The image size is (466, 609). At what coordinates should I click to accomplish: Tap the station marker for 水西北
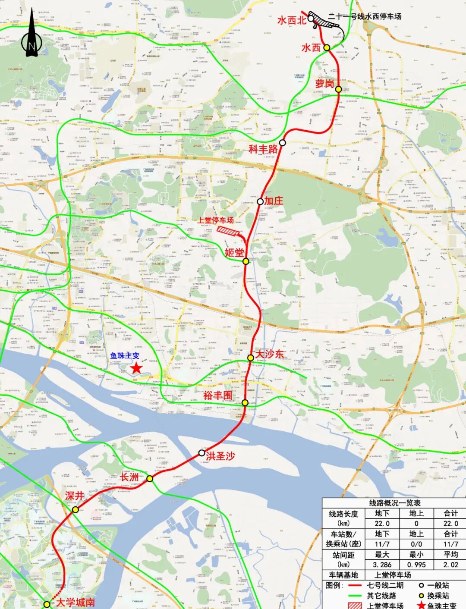(x=311, y=19)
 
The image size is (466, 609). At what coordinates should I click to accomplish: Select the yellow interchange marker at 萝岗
(x=339, y=89)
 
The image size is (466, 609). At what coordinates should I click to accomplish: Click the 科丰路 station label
(x=263, y=149)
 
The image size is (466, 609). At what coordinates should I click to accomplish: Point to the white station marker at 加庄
(x=260, y=201)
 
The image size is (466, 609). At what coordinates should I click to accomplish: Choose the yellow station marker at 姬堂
(x=246, y=261)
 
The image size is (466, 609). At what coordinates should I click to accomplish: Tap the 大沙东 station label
(x=270, y=354)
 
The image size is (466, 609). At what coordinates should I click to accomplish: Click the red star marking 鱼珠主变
(x=136, y=368)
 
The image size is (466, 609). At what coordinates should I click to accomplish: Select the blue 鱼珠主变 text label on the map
(x=125, y=356)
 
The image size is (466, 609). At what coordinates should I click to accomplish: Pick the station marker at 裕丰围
(x=245, y=403)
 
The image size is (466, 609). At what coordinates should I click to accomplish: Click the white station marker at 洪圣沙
(x=202, y=453)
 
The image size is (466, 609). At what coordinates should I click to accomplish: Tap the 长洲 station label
(x=129, y=477)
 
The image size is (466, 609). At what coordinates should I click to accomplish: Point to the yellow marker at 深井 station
(x=76, y=509)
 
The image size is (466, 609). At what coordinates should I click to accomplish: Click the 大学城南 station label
(x=76, y=603)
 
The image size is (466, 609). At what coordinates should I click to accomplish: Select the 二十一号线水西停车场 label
(x=365, y=16)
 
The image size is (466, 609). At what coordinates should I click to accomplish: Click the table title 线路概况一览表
(x=394, y=503)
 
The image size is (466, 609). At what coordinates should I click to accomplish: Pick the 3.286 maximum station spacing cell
(x=382, y=565)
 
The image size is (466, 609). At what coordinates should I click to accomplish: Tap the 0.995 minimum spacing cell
(x=416, y=565)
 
